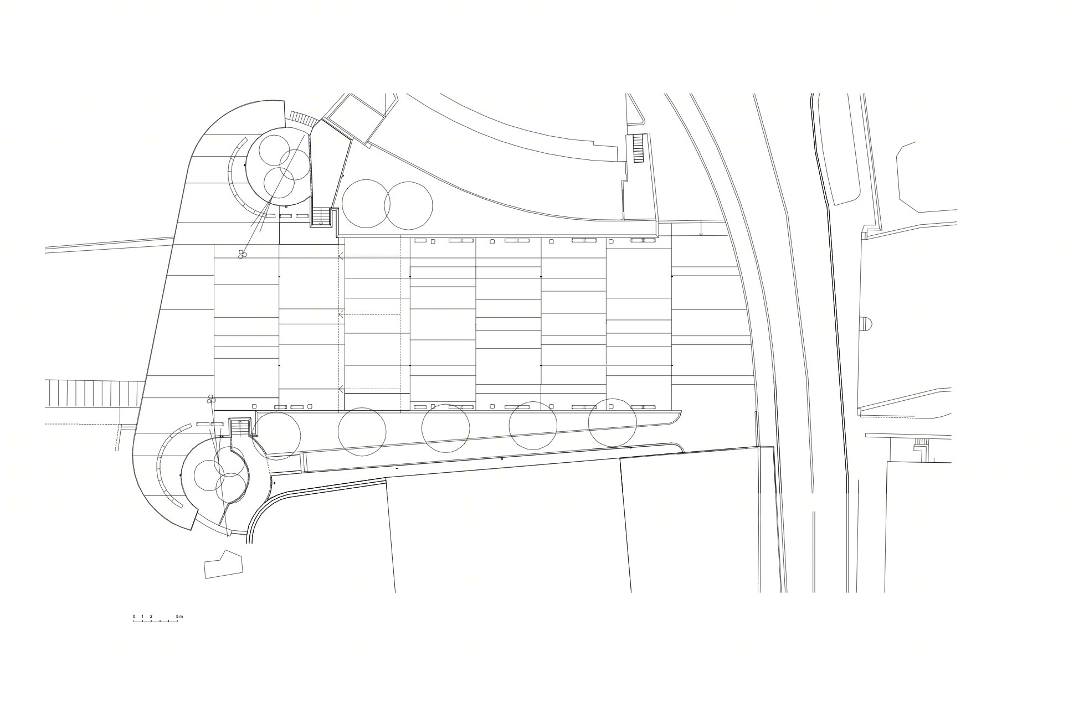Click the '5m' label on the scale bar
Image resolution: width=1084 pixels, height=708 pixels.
click(x=179, y=616)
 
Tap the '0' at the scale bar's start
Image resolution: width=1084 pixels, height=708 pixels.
click(x=133, y=616)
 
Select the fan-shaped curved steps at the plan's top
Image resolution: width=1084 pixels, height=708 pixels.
click(x=303, y=118)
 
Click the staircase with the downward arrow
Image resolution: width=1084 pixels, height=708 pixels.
click(x=321, y=217)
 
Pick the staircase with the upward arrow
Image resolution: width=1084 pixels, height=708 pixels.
click(x=240, y=428)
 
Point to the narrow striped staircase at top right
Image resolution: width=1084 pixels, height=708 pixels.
click(x=638, y=148)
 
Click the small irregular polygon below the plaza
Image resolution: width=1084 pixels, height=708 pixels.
click(x=224, y=565)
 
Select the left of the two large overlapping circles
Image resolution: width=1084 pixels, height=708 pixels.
click(x=366, y=204)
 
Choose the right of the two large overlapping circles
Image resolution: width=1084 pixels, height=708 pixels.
click(x=409, y=205)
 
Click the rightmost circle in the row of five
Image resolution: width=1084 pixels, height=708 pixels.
click(x=613, y=423)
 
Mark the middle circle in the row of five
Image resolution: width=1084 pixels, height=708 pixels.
click(x=446, y=428)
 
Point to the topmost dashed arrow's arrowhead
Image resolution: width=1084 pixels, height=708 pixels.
click(x=341, y=256)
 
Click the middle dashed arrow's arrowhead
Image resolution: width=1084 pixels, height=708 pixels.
click(x=341, y=314)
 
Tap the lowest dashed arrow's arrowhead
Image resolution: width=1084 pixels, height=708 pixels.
click(x=341, y=388)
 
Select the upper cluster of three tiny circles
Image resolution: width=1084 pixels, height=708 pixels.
click(x=242, y=254)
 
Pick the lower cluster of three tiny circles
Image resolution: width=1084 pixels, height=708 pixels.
click(x=210, y=399)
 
